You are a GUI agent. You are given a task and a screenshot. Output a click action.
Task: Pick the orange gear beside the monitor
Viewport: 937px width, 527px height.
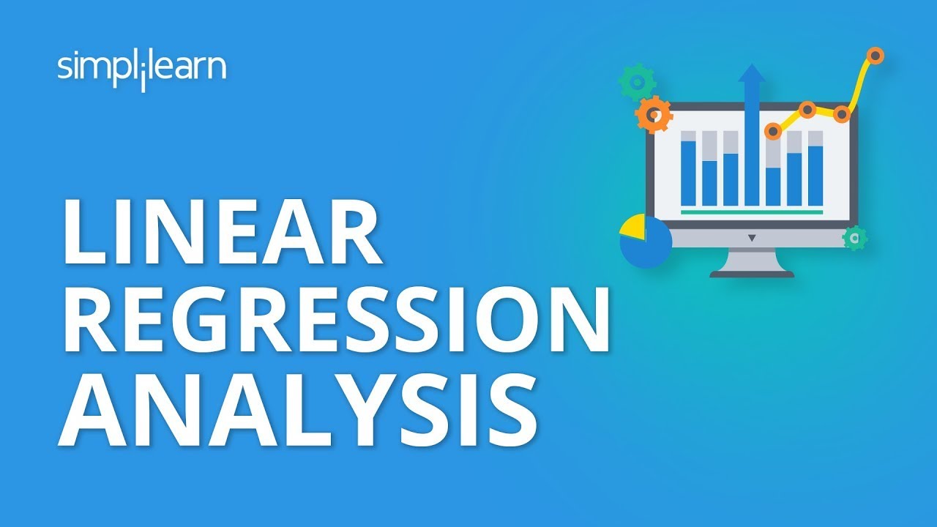(x=654, y=114)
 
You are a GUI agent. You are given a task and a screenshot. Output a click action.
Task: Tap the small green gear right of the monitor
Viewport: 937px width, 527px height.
(x=854, y=238)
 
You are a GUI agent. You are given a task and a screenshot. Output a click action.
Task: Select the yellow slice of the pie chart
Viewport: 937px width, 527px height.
(x=632, y=227)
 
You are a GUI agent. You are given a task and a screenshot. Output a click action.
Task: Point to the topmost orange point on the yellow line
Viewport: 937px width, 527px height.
(x=875, y=55)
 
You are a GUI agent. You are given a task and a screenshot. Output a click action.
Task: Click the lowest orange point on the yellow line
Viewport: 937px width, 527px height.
(x=773, y=131)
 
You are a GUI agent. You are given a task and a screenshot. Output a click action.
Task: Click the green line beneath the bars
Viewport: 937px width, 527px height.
(x=751, y=212)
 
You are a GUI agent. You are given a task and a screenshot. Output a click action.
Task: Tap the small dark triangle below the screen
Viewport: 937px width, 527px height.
(x=751, y=238)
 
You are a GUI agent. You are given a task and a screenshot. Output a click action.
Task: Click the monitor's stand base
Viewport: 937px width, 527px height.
(x=751, y=273)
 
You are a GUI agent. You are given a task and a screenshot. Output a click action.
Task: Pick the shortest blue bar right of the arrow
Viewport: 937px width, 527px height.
(x=773, y=186)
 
